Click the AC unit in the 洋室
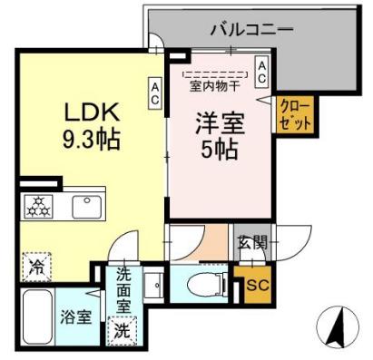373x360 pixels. click(261, 73)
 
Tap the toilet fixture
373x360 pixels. click(205, 286)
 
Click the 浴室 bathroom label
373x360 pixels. click(75, 319)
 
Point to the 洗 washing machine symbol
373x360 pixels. click(120, 330)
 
